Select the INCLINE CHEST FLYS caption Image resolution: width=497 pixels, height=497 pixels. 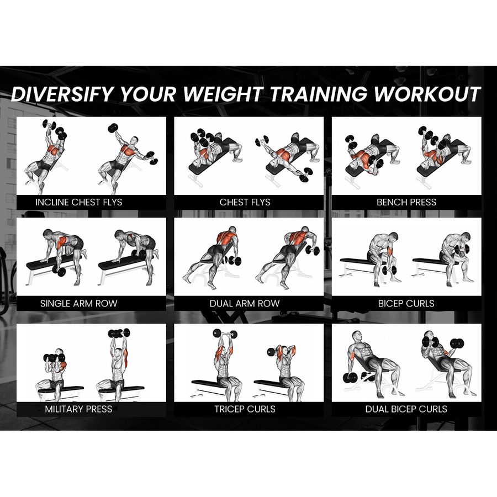(79, 202)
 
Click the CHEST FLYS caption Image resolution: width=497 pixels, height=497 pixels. (245, 202)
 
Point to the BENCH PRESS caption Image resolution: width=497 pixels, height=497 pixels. (406, 202)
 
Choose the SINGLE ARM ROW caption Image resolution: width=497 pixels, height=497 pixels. (79, 303)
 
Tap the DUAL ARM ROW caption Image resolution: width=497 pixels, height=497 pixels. (245, 303)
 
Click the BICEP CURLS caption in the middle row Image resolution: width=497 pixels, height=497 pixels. (406, 303)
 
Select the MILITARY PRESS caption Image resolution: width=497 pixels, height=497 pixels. (78, 409)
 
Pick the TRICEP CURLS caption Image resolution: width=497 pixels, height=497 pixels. (245, 409)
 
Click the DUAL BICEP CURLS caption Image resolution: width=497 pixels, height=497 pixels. (406, 409)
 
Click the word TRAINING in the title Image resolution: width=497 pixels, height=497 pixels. (319, 94)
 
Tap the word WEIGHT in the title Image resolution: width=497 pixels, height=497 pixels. (224, 94)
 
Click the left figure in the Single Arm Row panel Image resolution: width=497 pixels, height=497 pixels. (61, 251)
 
